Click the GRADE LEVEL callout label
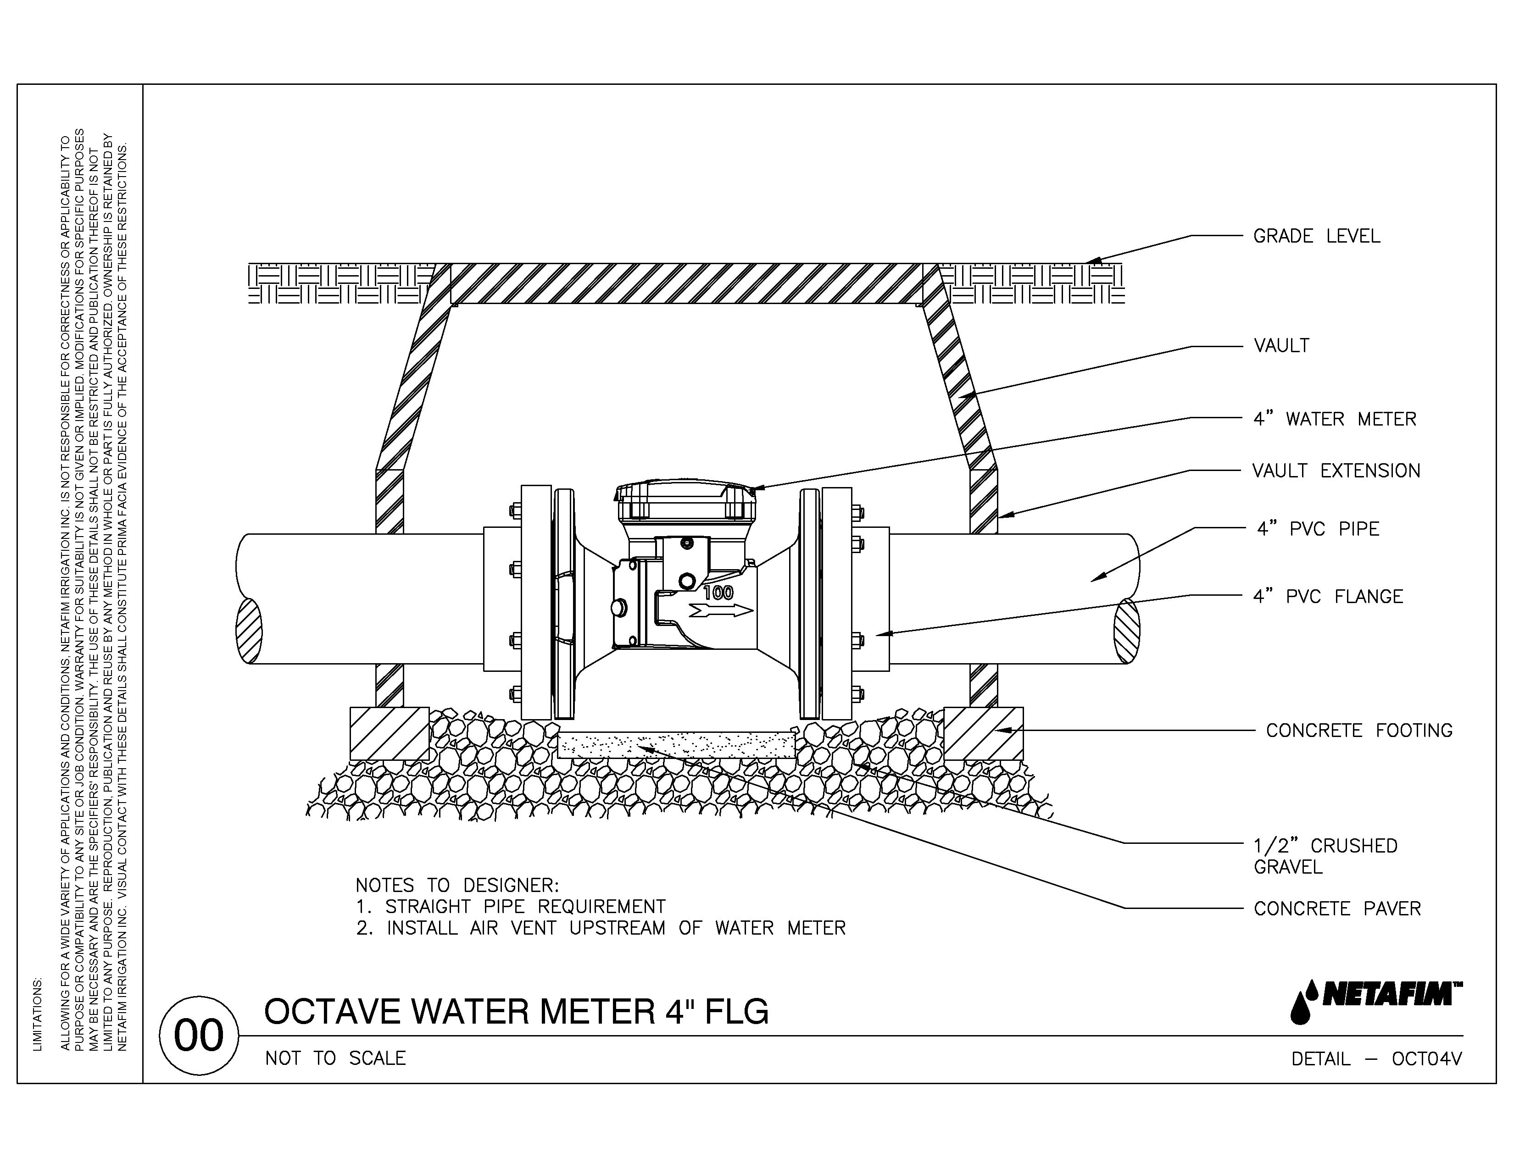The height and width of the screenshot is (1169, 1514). click(x=1316, y=236)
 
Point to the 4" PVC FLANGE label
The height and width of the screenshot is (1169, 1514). click(x=1328, y=597)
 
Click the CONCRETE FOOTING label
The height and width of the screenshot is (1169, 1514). click(x=1359, y=731)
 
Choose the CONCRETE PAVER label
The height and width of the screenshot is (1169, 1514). click(x=1336, y=909)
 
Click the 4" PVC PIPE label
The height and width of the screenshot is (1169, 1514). click(x=1318, y=529)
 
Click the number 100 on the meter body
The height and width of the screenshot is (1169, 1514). click(x=718, y=593)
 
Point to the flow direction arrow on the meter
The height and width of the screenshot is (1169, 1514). click(x=721, y=610)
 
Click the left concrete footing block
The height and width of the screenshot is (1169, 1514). click(x=389, y=733)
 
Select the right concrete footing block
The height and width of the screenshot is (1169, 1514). click(x=983, y=733)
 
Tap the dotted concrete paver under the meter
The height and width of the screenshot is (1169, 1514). click(x=676, y=745)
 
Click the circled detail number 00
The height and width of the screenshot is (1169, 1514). click(x=199, y=1036)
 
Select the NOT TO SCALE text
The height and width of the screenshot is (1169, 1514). click(x=335, y=1058)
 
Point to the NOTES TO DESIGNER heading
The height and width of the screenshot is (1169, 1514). click(x=457, y=886)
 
